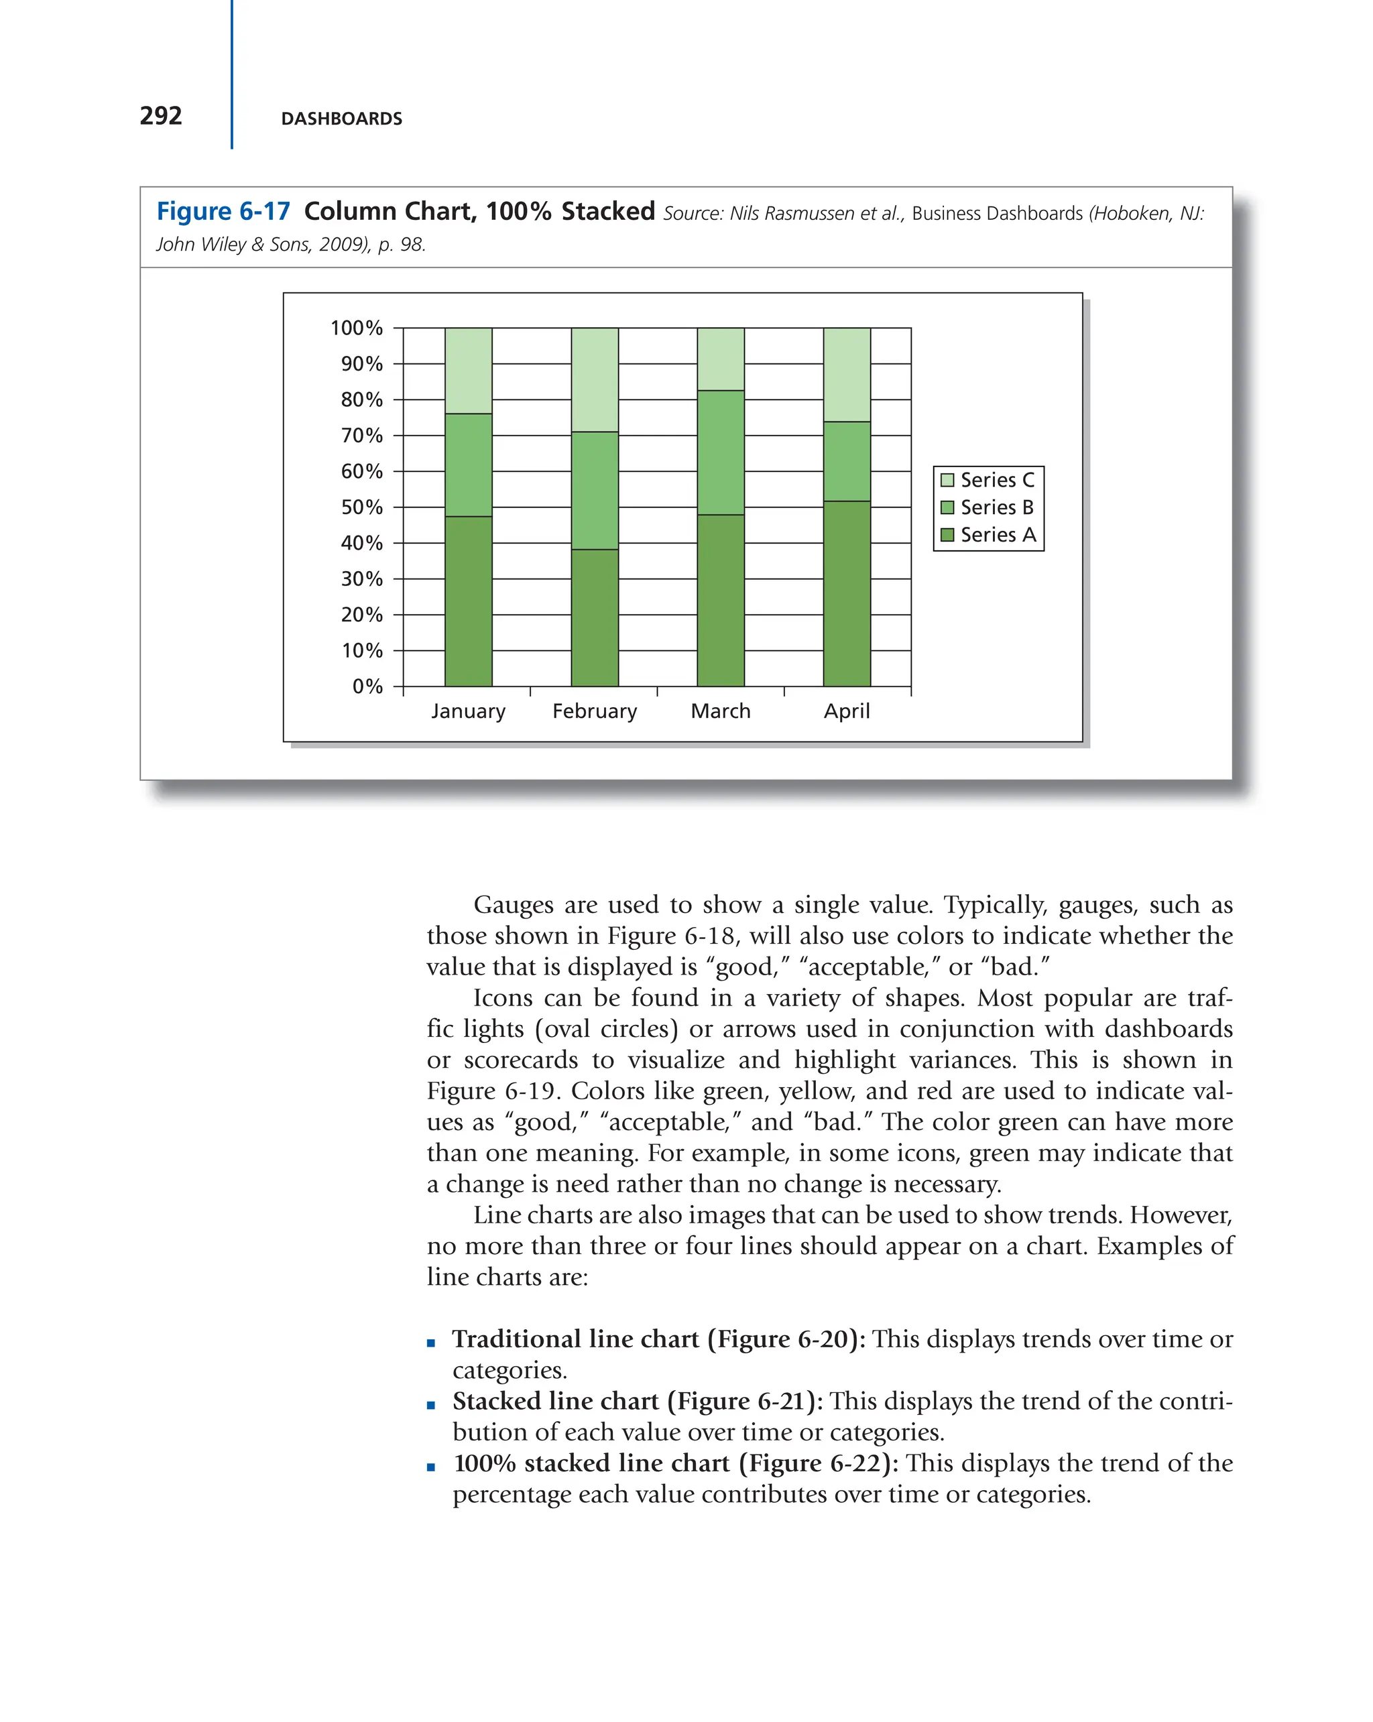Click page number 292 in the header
[x=160, y=116]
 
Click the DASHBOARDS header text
[x=341, y=118]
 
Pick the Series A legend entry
[x=988, y=534]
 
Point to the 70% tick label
[x=361, y=435]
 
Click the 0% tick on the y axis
[x=367, y=686]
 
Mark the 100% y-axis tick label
[x=356, y=328]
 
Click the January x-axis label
[x=468, y=711]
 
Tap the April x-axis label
[x=847, y=711]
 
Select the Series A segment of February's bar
[x=594, y=617]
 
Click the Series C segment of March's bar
[x=721, y=359]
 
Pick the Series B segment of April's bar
[x=847, y=461]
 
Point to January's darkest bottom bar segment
[x=468, y=601]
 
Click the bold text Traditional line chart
[x=575, y=1339]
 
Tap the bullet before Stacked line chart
[x=431, y=1405]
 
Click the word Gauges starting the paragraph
[x=514, y=905]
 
